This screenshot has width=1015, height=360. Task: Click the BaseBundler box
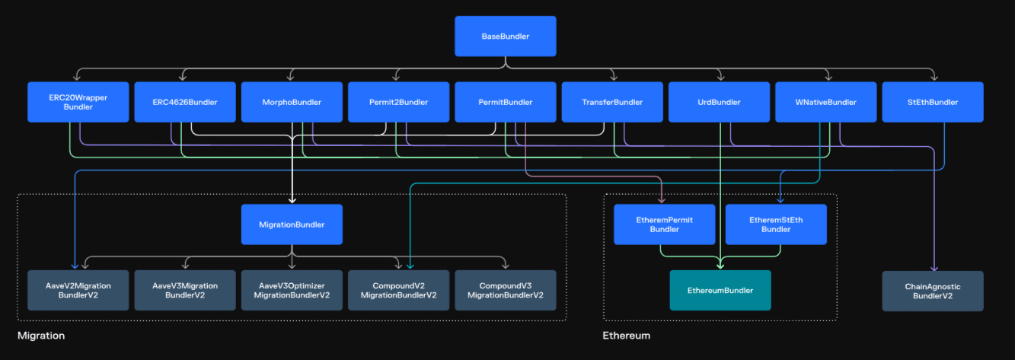[506, 36]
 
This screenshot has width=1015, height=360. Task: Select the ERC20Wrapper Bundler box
[78, 102]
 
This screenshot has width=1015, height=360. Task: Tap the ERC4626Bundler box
[185, 102]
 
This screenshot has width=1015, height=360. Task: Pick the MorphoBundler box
[292, 102]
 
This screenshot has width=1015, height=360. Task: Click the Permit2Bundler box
[398, 102]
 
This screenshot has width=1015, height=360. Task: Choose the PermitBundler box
[506, 102]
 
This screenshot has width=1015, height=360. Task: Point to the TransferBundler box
[612, 102]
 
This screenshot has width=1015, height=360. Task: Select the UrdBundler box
[719, 102]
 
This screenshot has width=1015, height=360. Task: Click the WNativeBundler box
[825, 102]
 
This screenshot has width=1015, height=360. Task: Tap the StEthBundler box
[933, 102]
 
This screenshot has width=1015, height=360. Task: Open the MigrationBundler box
[292, 225]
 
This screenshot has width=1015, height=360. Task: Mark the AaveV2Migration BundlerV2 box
[78, 290]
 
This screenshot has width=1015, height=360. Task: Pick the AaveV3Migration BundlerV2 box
[185, 290]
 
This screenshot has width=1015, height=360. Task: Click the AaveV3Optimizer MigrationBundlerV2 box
[292, 290]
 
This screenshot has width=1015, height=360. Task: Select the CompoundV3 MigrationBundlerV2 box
[506, 290]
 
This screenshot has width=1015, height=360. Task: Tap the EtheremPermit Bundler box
[665, 225]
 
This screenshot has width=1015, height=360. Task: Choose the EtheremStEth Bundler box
[776, 225]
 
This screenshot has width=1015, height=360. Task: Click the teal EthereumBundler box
[720, 290]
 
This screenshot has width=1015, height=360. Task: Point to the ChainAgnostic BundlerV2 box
[933, 291]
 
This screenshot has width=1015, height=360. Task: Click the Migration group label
[41, 336]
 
